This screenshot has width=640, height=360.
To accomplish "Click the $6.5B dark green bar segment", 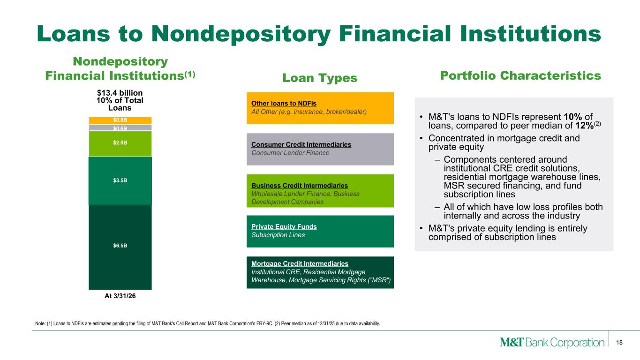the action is click(x=120, y=247).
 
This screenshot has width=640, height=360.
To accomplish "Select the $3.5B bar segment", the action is click(x=120, y=180).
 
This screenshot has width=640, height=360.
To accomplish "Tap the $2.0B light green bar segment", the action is click(x=120, y=144).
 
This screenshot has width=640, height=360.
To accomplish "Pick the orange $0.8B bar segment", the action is click(x=120, y=120).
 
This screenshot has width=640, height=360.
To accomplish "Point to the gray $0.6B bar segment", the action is click(x=120, y=127).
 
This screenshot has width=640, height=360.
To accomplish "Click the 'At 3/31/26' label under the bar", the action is click(x=120, y=296).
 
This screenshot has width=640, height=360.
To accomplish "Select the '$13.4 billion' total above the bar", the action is click(x=120, y=93).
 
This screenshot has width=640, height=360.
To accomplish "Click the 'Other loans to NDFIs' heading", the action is click(x=284, y=104).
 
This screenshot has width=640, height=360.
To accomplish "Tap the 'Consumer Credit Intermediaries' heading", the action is click(x=301, y=144).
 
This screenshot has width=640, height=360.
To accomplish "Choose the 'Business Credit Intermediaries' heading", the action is click(x=300, y=186).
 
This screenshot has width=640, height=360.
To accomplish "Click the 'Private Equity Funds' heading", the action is click(x=284, y=226).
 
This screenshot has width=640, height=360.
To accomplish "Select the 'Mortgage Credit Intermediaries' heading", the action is click(x=300, y=264).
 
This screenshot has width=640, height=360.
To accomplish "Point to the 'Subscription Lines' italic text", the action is click(x=278, y=235).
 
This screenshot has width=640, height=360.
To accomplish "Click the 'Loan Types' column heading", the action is click(x=320, y=78).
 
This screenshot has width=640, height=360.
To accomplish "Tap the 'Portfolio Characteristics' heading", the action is click(x=520, y=75).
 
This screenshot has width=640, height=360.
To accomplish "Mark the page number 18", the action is click(x=619, y=343).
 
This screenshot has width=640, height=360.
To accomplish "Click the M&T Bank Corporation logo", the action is click(x=552, y=342).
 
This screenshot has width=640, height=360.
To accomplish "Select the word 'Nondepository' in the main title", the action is click(x=241, y=34).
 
